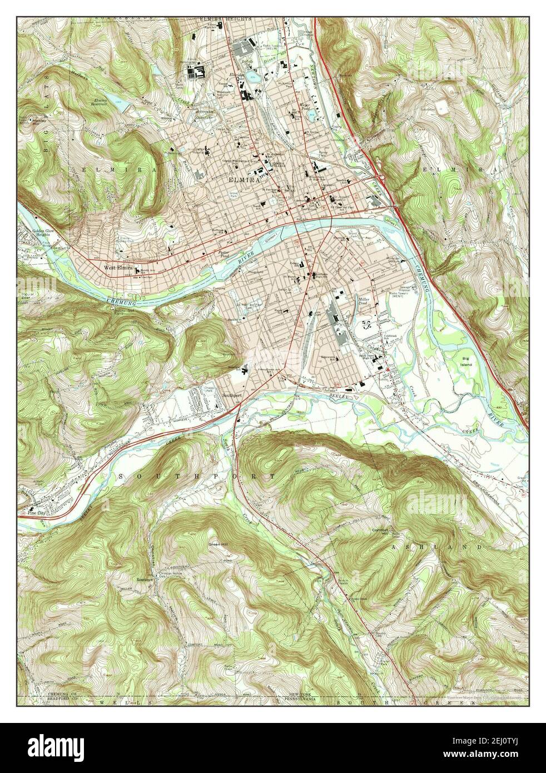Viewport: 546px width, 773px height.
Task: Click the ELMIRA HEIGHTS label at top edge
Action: pos(226,19)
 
